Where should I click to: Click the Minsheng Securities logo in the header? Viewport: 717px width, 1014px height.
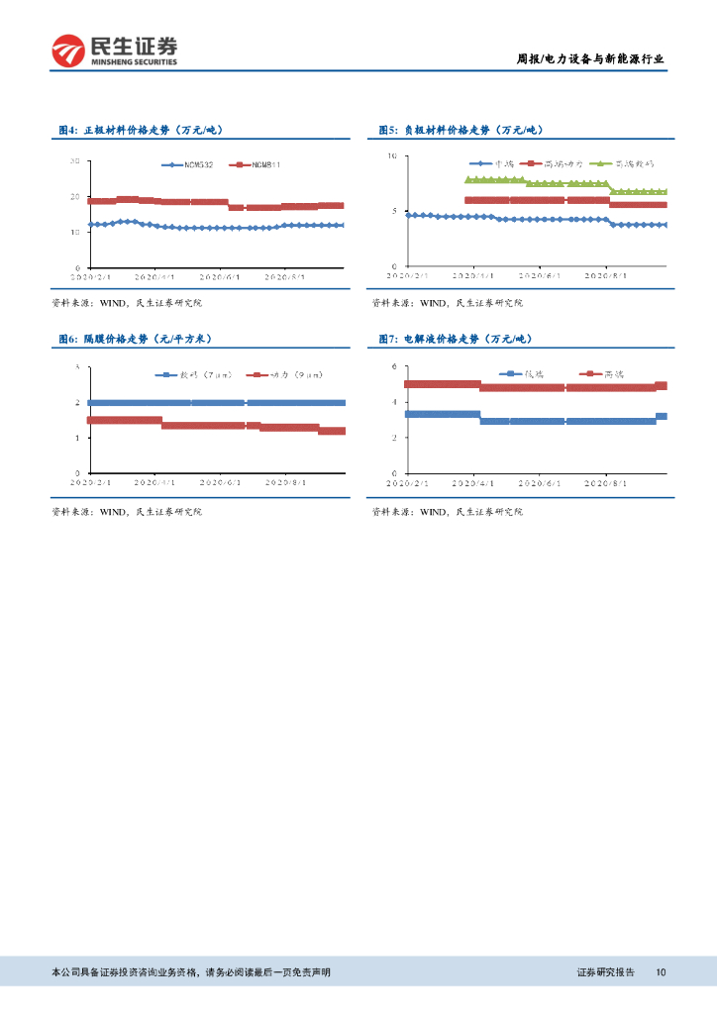click(114, 50)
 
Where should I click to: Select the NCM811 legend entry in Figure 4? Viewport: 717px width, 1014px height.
click(256, 164)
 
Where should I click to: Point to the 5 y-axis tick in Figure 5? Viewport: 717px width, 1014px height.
click(393, 211)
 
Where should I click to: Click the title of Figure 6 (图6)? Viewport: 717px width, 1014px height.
click(134, 339)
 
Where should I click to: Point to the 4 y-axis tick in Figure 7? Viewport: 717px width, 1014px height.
click(393, 402)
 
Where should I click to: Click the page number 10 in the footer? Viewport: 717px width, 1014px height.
click(661, 972)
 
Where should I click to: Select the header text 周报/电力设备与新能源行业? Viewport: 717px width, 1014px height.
click(591, 59)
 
